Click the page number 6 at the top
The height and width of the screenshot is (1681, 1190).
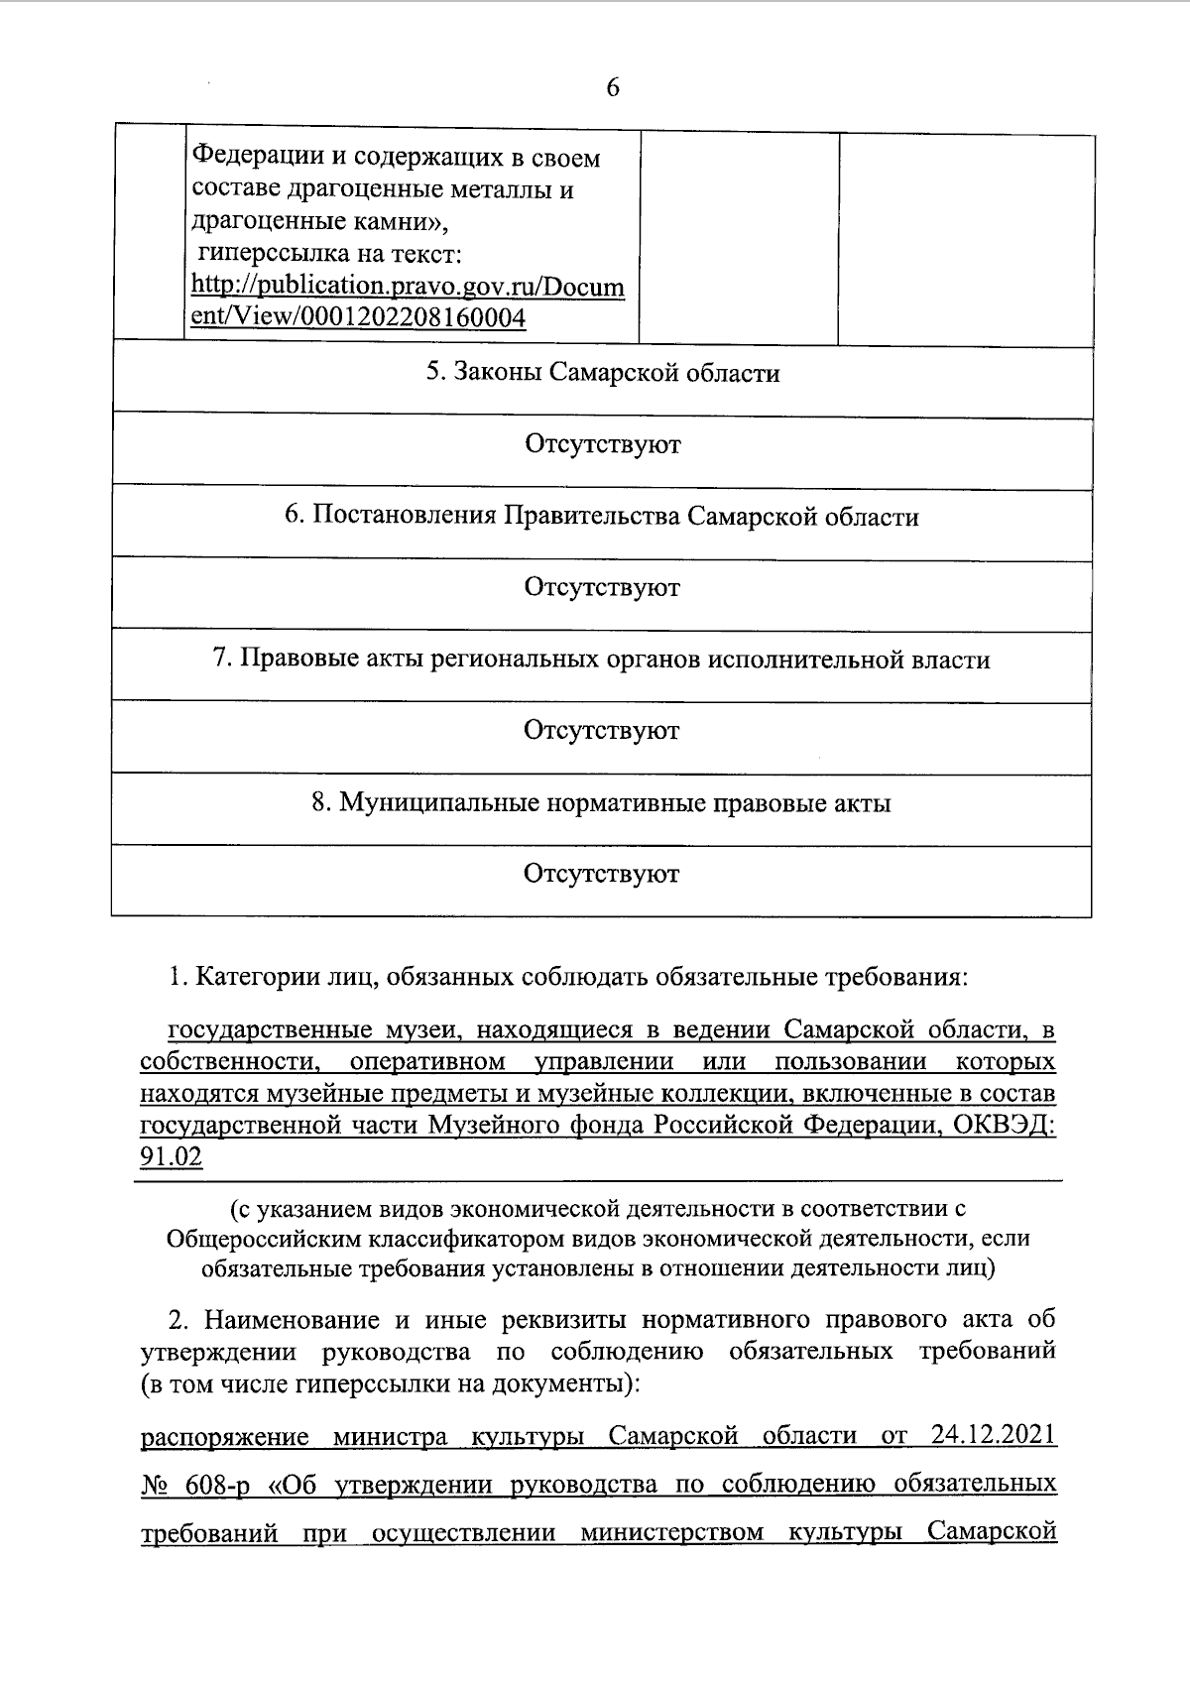(612, 88)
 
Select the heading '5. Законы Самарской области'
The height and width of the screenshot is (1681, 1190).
(602, 374)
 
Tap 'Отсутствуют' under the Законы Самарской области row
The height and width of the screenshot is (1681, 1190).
(602, 444)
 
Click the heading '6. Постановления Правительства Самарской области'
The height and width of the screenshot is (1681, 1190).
(602, 517)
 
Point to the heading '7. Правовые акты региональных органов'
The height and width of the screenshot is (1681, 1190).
(602, 660)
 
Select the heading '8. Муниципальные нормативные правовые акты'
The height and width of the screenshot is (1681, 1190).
(602, 802)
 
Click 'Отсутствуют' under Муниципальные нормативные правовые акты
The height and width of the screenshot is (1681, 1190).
(602, 874)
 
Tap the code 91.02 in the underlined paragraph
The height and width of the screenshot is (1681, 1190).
(171, 1157)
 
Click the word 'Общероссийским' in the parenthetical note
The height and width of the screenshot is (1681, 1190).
(261, 1239)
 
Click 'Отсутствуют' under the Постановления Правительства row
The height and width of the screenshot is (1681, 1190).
(602, 587)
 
